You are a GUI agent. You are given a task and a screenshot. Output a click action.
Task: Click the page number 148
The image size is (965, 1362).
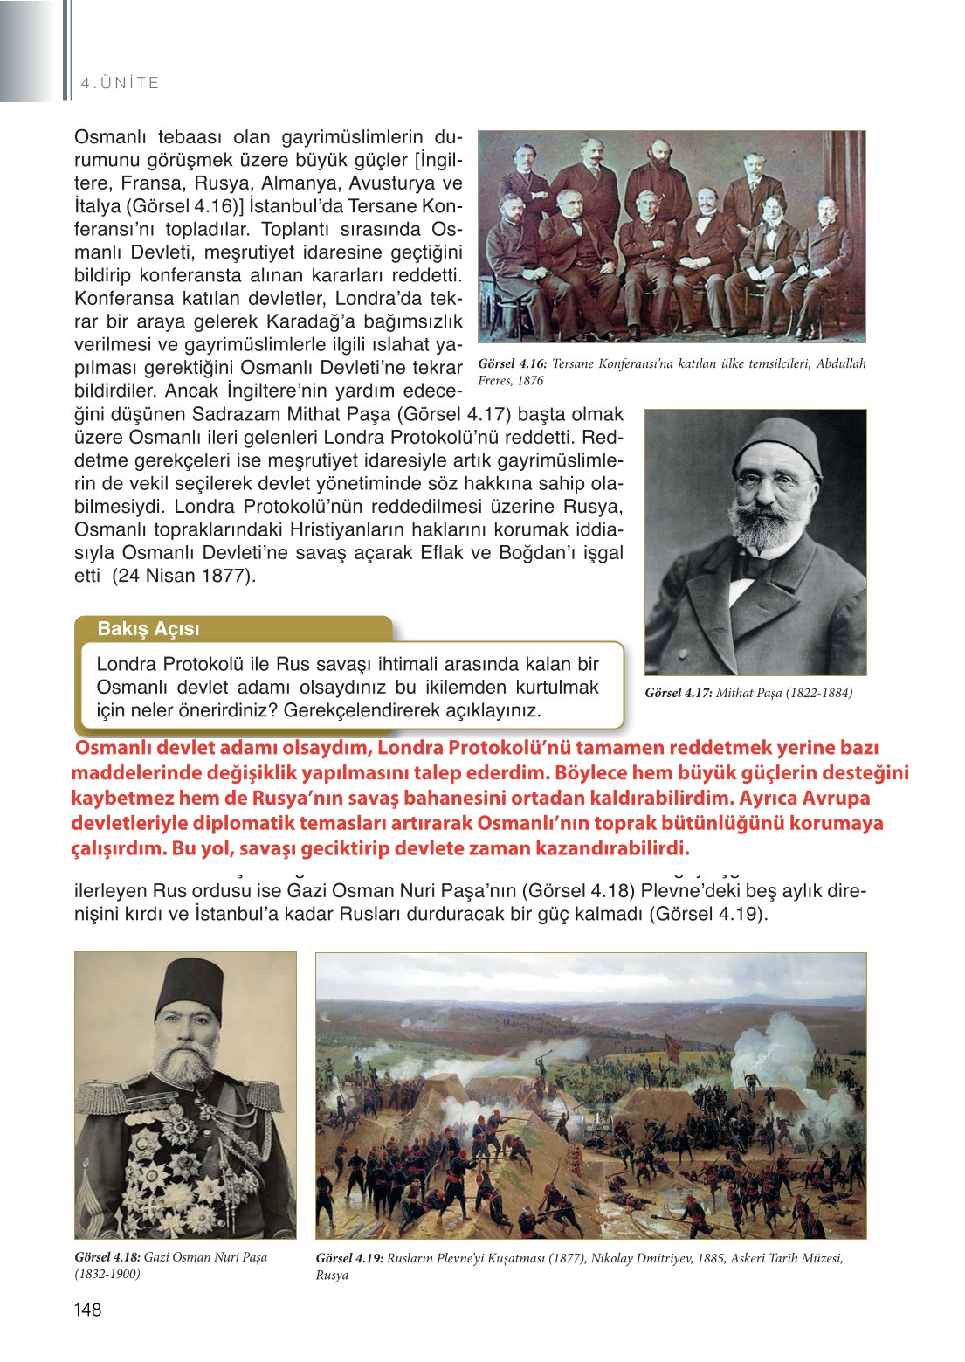click(88, 1309)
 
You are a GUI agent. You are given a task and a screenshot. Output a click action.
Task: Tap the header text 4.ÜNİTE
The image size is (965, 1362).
click(120, 83)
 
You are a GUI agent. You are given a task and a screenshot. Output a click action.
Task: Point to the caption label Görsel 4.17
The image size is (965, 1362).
click(678, 693)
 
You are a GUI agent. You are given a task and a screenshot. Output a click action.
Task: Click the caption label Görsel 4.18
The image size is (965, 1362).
click(107, 1257)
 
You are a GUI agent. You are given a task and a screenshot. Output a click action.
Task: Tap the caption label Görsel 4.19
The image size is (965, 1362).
click(349, 1258)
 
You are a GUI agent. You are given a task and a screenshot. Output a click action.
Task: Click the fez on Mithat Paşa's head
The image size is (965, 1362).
click(776, 444)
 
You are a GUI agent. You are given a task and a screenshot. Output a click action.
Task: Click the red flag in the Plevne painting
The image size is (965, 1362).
click(673, 1047)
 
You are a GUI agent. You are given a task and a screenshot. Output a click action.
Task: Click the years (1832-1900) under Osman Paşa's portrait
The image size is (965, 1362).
click(107, 1274)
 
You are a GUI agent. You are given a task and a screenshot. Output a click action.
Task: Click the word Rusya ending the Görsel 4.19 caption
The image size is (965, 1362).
click(332, 1275)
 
